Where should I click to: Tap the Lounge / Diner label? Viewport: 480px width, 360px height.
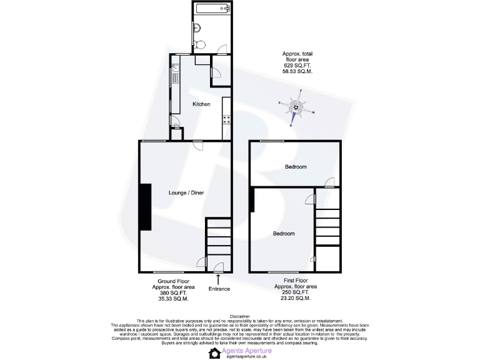(186, 193)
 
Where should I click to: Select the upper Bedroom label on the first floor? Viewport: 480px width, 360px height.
(296, 167)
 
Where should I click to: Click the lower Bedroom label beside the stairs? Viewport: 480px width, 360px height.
(283, 234)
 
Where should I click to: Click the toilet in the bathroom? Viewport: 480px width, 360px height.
(199, 46)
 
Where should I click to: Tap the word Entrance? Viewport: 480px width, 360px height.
(219, 289)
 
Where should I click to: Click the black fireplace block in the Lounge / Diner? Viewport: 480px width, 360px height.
(146, 207)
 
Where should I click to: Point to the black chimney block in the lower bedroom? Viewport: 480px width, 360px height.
(252, 200)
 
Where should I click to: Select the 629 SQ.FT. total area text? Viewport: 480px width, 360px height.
(296, 66)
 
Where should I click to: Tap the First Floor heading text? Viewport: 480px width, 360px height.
(294, 281)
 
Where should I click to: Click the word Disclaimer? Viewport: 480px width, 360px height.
(240, 317)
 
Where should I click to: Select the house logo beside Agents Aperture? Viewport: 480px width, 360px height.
(214, 353)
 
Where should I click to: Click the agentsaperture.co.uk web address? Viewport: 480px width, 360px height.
(247, 357)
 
